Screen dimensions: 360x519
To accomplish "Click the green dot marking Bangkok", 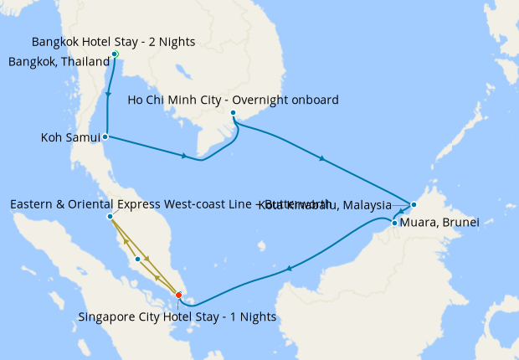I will tap(115, 54).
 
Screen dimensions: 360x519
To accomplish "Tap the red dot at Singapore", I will tap(178, 294).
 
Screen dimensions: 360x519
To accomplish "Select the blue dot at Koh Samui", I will tap(105, 136).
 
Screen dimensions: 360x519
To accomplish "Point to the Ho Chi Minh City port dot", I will tap(233, 114).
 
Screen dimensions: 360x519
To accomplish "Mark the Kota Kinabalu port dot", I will tap(414, 204).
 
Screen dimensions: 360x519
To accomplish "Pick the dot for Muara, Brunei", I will tap(394, 223).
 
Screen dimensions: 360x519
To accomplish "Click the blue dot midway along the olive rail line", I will tap(137, 259).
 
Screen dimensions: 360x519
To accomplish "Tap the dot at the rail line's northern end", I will tap(110, 217).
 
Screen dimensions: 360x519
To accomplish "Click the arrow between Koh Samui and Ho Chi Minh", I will tap(182, 155).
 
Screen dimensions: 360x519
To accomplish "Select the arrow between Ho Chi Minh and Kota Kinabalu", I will tap(321, 157).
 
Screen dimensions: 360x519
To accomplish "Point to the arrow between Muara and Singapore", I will tap(290, 269).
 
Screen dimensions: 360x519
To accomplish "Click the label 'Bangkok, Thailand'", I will tap(59, 61).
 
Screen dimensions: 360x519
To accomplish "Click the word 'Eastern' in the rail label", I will tap(33, 203).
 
